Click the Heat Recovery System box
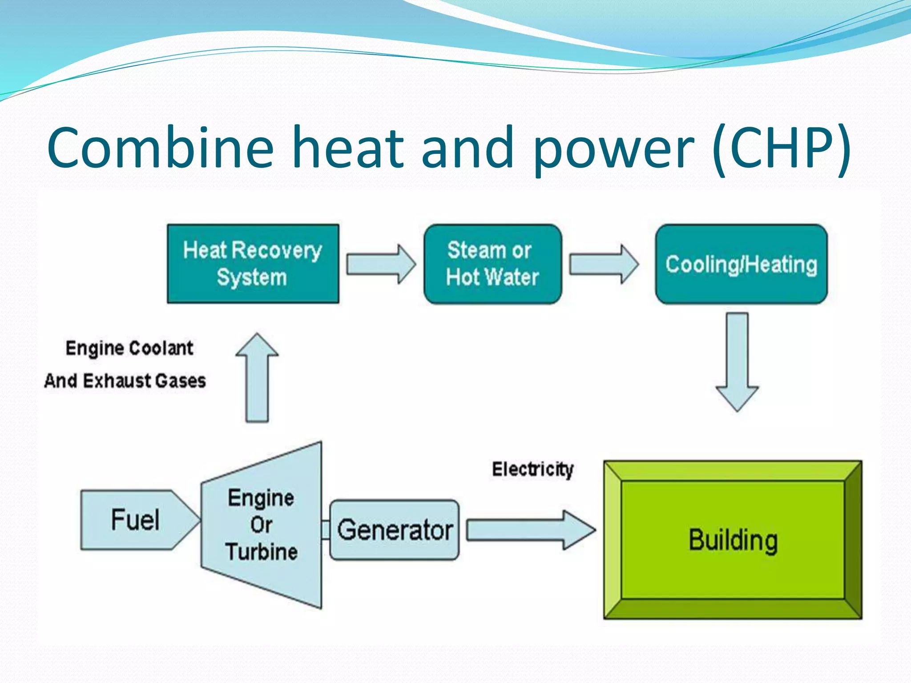pos(253,264)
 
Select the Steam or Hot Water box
pos(492,264)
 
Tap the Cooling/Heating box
pos(741,264)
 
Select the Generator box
pos(394,530)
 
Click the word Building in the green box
pos(733,540)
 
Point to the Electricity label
pos(532,470)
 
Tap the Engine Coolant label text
pos(129,348)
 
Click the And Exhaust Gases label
pos(125,381)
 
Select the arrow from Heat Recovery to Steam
pos(381,264)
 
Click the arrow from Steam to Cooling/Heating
pos(604,264)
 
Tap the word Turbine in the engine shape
pos(262,552)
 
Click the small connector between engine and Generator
pos(326,530)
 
